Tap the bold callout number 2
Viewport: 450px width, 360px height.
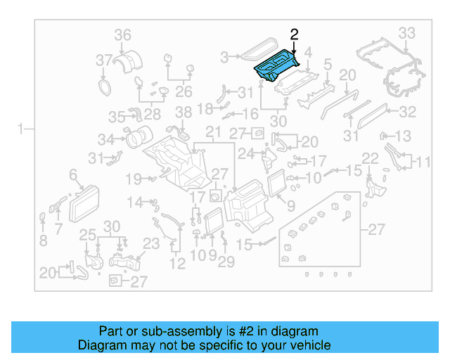pyautogui.click(x=294, y=34)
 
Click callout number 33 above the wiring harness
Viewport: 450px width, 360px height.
pyautogui.click(x=407, y=33)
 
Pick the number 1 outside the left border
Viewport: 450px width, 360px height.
pyautogui.click(x=22, y=129)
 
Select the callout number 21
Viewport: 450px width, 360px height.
pyautogui.click(x=212, y=133)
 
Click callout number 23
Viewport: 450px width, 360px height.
pyautogui.click(x=152, y=244)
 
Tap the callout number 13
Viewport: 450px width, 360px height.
pyautogui.click(x=403, y=136)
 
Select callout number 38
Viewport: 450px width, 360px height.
pyautogui.click(x=183, y=112)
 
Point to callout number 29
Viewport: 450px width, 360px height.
pyautogui.click(x=225, y=262)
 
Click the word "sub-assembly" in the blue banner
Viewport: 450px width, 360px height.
pyautogui.click(x=200, y=331)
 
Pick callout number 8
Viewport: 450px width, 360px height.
pyautogui.click(x=43, y=241)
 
